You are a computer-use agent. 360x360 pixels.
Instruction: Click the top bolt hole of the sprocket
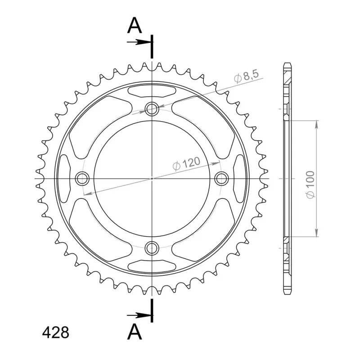[x=152, y=108]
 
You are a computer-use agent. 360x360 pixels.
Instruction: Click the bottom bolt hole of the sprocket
[x=152, y=248]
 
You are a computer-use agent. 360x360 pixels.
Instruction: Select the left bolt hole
[x=82, y=178]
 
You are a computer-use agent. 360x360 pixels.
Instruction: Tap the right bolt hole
[x=221, y=178]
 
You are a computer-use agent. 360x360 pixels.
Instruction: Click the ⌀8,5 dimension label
[x=246, y=76]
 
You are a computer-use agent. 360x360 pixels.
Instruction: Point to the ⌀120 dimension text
[x=186, y=163]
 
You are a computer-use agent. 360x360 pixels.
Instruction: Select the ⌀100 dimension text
[x=310, y=185]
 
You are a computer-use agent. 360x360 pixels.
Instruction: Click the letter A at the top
[x=135, y=26]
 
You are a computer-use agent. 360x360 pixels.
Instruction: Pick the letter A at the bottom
[x=135, y=332]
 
